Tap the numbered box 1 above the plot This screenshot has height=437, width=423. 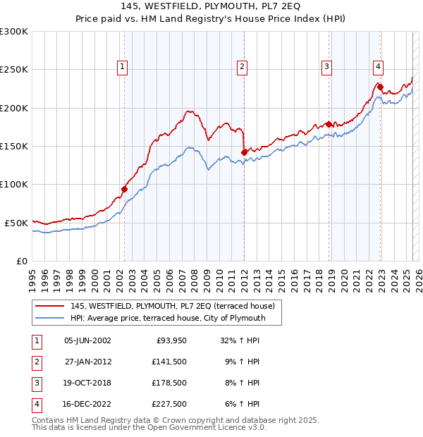[x=123, y=67]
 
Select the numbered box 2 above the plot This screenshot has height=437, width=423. [x=242, y=67]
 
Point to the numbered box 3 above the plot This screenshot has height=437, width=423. [x=327, y=67]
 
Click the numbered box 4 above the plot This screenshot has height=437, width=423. [x=379, y=67]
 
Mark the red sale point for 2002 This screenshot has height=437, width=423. [x=124, y=189]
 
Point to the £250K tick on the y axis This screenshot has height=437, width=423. [x=14, y=70]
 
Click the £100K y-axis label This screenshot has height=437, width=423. [x=14, y=185]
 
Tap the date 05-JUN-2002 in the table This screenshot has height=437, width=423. [x=87, y=340]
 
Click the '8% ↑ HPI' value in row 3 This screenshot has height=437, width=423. [x=240, y=383]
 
